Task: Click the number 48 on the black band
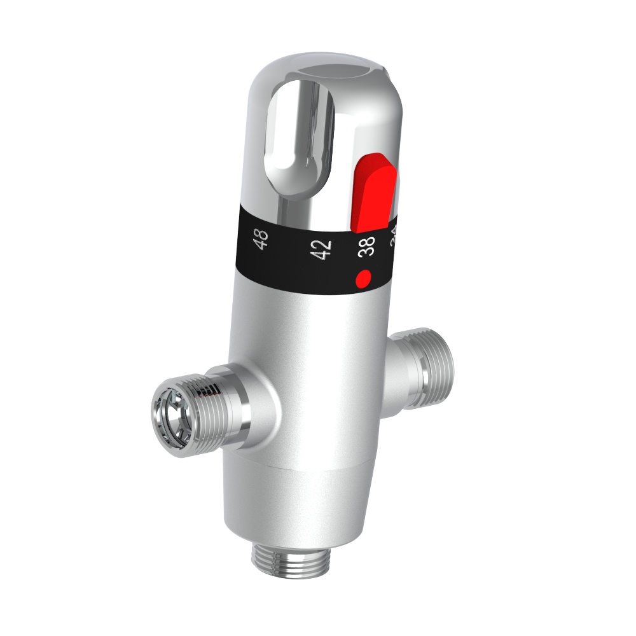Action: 261,240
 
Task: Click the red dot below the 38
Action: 364,278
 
